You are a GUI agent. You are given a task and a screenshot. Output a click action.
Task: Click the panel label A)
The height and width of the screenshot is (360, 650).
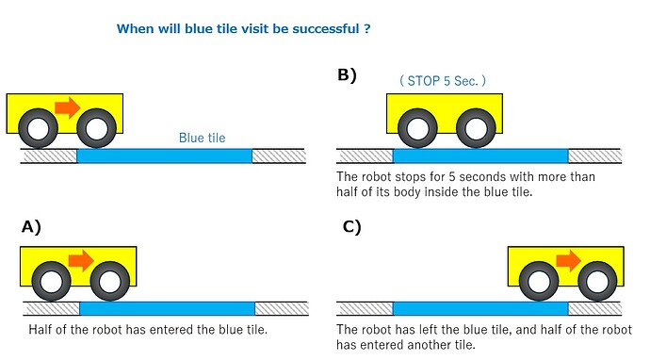[x=31, y=227]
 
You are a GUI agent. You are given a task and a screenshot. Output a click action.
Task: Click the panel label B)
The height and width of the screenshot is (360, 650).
[x=347, y=75]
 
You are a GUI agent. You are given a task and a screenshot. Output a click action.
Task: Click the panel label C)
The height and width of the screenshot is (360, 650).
[x=352, y=227]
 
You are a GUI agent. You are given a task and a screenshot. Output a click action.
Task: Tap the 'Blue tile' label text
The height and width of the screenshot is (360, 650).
[x=202, y=138]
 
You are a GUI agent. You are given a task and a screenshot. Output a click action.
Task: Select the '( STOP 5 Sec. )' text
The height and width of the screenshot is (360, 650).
[x=443, y=80]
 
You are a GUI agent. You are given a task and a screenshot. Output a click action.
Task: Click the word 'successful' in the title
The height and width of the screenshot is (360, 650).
[x=325, y=28]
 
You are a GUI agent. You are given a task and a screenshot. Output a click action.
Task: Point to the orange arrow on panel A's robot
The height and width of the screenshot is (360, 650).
[x=81, y=260]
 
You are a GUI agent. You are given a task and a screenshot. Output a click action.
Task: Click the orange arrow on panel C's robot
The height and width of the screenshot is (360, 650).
[x=569, y=260]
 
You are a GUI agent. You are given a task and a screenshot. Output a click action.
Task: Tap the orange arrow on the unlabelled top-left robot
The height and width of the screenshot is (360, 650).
[x=68, y=107]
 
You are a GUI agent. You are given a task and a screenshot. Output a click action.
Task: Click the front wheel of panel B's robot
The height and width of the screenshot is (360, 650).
[x=476, y=128]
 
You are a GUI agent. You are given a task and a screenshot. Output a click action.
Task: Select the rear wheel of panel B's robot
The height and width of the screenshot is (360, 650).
[x=417, y=128]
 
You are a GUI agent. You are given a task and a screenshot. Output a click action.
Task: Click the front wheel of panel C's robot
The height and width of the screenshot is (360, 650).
[x=597, y=281]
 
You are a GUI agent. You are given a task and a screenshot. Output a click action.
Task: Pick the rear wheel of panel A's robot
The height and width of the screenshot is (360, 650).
[x=52, y=281]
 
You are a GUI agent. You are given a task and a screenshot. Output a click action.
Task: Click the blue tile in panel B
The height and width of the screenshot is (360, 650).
[x=480, y=155]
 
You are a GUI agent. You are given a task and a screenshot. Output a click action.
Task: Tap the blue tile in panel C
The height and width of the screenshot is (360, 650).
[x=480, y=308]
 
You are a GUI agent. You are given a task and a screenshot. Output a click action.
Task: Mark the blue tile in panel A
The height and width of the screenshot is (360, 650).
[x=167, y=308]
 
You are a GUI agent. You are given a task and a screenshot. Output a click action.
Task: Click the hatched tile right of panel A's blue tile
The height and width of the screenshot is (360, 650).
[x=282, y=308]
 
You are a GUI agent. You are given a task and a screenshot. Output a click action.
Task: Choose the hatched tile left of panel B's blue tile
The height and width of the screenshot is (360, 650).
[x=365, y=155]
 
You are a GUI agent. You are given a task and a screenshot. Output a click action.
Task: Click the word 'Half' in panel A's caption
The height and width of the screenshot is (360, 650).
[x=40, y=330]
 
